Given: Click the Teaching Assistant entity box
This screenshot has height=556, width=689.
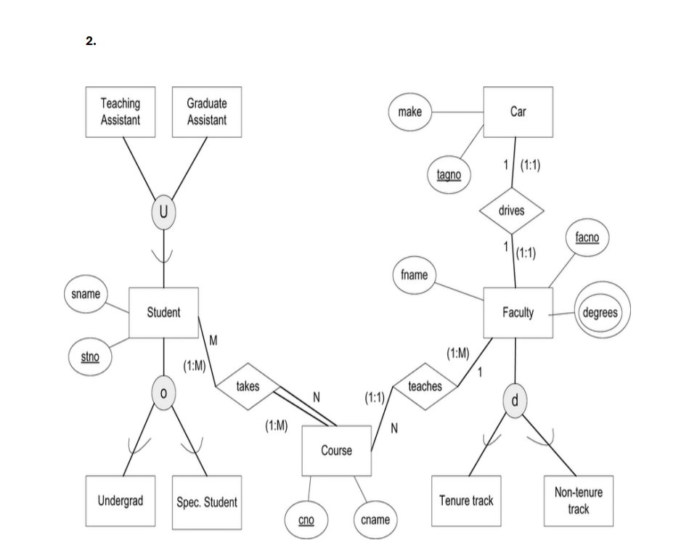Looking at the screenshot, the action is [x=121, y=112].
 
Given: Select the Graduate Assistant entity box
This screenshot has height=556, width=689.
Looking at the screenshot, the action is [x=207, y=112].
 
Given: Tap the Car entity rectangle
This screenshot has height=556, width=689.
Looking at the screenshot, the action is [x=518, y=112].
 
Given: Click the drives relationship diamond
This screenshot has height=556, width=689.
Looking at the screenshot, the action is [x=511, y=210].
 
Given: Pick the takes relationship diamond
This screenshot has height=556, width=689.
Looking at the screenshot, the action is [x=248, y=386].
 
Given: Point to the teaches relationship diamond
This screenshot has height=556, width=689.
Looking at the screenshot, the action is [x=425, y=386].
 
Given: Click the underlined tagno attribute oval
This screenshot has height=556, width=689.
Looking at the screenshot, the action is [x=449, y=175].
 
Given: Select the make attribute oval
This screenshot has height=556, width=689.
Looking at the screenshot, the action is [x=410, y=112].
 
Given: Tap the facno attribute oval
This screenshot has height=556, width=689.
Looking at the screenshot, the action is [x=587, y=237].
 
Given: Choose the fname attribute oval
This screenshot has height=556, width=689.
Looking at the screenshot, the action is [x=415, y=275].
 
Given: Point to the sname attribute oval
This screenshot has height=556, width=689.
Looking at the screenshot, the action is [x=86, y=294].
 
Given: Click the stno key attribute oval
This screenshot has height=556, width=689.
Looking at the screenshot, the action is [x=90, y=356].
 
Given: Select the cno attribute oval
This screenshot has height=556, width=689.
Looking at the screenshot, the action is [x=306, y=520].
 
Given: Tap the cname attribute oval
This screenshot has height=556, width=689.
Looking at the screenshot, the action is [x=375, y=520].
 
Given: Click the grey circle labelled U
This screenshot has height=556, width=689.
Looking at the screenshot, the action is [x=163, y=212].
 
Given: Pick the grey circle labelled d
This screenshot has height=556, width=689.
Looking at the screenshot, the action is [x=515, y=401].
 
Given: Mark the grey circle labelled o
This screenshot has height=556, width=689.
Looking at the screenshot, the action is [x=163, y=393].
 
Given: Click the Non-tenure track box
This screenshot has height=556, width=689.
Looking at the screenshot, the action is [x=578, y=501].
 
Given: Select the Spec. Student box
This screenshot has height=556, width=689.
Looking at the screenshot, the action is [x=207, y=502].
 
